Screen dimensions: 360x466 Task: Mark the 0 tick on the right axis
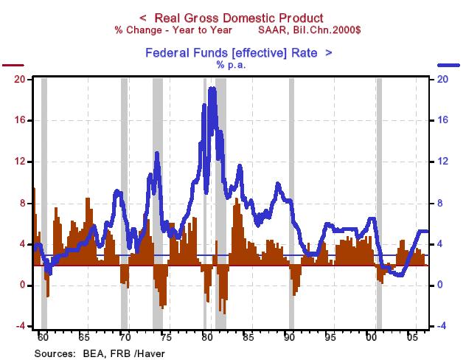[x=441, y=285]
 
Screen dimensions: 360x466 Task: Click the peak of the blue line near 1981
[x=212, y=89]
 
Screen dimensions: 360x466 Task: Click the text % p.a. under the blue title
[x=231, y=65]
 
